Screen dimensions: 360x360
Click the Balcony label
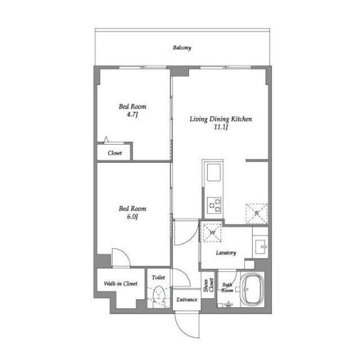[182, 48]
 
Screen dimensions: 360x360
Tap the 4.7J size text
[132, 114]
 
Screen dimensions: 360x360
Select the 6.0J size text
[132, 217]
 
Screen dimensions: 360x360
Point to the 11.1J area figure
[220, 127]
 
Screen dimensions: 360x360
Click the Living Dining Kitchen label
[220, 119]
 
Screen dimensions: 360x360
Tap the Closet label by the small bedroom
[115, 153]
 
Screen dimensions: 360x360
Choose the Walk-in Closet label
[120, 283]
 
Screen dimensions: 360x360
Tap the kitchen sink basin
[214, 172]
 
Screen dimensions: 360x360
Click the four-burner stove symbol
[214, 205]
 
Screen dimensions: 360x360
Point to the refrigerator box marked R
[256, 213]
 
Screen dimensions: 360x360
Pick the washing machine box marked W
[212, 233]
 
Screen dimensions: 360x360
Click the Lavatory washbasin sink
[260, 247]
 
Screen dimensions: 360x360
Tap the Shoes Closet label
[209, 285]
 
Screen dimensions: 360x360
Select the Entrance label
[187, 300]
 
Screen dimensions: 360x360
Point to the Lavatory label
[226, 253]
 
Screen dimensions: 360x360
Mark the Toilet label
[159, 277]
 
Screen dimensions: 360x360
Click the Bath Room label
[227, 287]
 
